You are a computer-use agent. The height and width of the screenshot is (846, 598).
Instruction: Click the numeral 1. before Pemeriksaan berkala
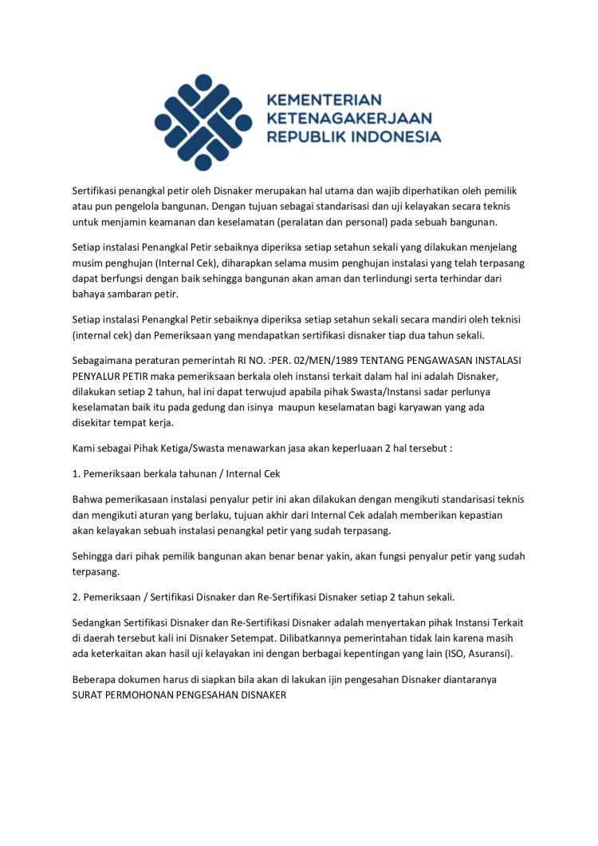(x=76, y=473)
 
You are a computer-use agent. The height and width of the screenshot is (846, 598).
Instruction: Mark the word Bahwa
(x=87, y=500)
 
